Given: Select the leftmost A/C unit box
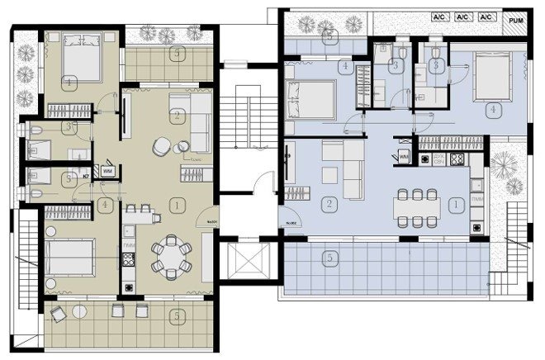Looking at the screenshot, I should (439, 17).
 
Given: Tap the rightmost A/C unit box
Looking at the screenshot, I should (486, 17).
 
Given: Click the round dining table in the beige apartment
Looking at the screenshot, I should (172, 257).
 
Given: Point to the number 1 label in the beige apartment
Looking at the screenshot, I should (174, 202).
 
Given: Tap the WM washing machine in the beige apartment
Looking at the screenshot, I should (108, 172).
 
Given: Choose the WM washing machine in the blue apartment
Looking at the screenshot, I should (404, 155).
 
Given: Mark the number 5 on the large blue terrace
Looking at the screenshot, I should (329, 258).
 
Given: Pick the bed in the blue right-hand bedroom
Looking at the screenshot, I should (493, 77).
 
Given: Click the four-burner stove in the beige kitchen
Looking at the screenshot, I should (130, 259).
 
